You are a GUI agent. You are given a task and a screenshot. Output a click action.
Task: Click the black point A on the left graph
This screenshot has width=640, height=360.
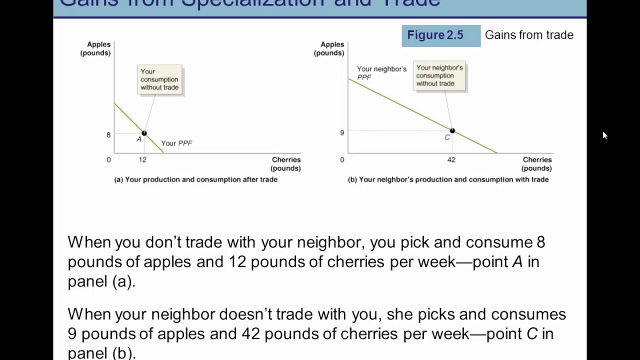144,133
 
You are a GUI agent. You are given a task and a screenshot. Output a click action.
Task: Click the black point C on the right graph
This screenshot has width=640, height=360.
452,131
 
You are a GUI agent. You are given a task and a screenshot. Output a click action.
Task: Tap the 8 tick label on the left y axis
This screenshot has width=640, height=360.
108,135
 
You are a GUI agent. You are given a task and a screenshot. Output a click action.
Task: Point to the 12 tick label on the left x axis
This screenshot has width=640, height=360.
142,160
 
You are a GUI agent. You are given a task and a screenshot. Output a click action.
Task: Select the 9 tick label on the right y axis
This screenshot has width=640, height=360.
342,133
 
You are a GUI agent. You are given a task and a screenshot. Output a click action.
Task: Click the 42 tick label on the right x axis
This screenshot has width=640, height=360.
451,160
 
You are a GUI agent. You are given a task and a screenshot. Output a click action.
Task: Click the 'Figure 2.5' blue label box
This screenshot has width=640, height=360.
440,35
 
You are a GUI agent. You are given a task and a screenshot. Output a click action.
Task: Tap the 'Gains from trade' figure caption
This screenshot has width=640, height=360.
529,35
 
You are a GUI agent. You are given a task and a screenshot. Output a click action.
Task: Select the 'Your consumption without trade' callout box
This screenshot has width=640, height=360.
159,79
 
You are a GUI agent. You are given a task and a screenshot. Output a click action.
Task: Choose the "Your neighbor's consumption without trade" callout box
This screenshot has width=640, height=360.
439,76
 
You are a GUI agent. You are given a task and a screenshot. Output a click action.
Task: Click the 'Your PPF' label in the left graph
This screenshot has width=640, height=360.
176,143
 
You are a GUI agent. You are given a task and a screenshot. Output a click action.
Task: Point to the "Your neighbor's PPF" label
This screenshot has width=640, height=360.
381,72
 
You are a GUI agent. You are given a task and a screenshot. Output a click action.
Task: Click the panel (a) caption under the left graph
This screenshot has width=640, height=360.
196,179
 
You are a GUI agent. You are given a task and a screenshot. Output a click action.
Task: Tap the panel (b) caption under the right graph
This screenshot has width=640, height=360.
448,179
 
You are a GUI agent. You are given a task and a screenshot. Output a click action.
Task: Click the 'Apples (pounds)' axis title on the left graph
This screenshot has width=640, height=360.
95,49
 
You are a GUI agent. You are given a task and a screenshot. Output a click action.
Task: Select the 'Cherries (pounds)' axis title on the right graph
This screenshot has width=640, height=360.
537,164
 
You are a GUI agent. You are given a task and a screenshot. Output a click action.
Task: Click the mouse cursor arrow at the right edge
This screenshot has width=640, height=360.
604,135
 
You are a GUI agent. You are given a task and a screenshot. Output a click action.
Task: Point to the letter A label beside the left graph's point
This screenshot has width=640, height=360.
139,139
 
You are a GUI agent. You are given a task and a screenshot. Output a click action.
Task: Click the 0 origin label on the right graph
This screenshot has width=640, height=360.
342,160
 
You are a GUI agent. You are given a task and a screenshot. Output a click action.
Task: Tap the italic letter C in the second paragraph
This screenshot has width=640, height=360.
532,334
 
